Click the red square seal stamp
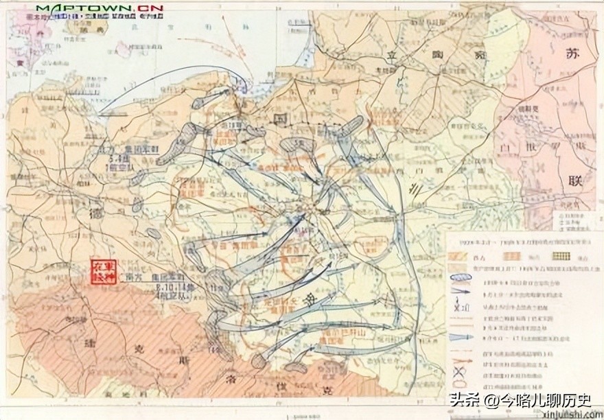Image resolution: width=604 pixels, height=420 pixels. pyautogui.click(x=104, y=272)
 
